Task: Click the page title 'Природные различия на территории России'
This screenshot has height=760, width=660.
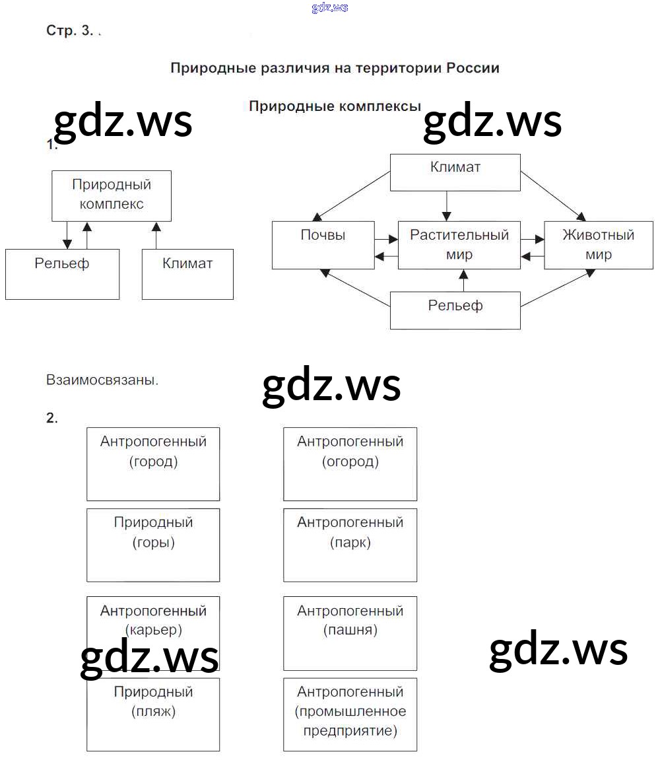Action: click(x=335, y=68)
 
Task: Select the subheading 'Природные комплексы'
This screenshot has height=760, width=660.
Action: click(x=335, y=106)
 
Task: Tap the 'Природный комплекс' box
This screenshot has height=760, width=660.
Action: click(x=112, y=195)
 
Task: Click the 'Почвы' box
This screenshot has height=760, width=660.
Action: click(x=323, y=245)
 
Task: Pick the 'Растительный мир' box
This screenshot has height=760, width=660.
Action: click(x=459, y=245)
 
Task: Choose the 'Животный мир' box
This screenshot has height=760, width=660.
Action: click(x=598, y=245)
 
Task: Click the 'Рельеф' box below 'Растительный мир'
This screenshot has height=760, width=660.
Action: click(x=455, y=310)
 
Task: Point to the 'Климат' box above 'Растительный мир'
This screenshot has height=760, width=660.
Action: click(x=455, y=172)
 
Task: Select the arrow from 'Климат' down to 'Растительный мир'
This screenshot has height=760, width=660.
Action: click(x=447, y=205)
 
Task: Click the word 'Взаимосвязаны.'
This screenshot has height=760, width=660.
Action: click(x=102, y=380)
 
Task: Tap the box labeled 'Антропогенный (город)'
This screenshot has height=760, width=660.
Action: click(x=153, y=464)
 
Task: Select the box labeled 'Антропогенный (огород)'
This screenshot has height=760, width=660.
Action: click(x=350, y=464)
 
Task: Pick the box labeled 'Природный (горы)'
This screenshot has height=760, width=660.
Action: click(x=153, y=545)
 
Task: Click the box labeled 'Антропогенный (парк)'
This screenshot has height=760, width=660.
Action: click(x=350, y=545)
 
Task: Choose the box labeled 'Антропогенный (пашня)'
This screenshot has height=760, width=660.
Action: click(x=350, y=633)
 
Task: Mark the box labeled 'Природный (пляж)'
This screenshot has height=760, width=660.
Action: click(x=153, y=714)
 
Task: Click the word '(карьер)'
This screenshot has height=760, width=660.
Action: click(x=153, y=630)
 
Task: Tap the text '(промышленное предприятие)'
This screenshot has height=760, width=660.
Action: click(x=350, y=721)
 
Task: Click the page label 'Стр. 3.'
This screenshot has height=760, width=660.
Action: click(x=70, y=31)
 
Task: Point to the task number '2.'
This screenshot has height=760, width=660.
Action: click(x=52, y=418)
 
